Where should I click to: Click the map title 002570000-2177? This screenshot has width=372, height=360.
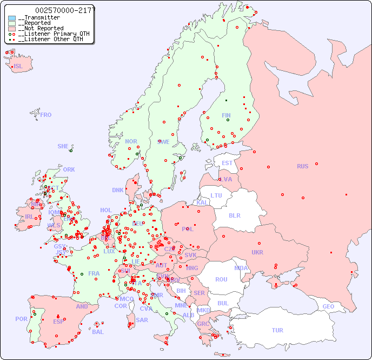65,10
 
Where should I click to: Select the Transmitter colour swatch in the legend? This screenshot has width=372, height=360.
12,18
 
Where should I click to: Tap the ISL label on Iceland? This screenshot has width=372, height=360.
18,67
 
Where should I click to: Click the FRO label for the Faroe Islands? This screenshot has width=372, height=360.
46,115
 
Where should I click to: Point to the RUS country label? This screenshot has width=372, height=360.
302,166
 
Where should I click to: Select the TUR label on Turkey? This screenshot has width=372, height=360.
277,330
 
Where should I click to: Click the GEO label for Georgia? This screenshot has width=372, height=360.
328,306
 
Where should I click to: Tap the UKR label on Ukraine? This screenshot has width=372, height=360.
257,252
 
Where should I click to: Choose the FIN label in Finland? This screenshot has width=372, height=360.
226,115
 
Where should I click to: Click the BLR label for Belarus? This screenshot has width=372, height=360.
234,215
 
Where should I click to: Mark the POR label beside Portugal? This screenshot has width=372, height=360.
21,319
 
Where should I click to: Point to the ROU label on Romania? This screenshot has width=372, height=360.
221,279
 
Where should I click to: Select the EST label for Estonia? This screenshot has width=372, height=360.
227,163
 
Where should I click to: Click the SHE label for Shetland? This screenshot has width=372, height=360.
63,146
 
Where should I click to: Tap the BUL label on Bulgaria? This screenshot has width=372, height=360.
223,303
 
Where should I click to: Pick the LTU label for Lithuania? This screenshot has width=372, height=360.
216,195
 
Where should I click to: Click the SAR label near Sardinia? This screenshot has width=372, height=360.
142,320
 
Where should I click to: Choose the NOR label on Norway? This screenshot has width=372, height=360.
131,141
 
